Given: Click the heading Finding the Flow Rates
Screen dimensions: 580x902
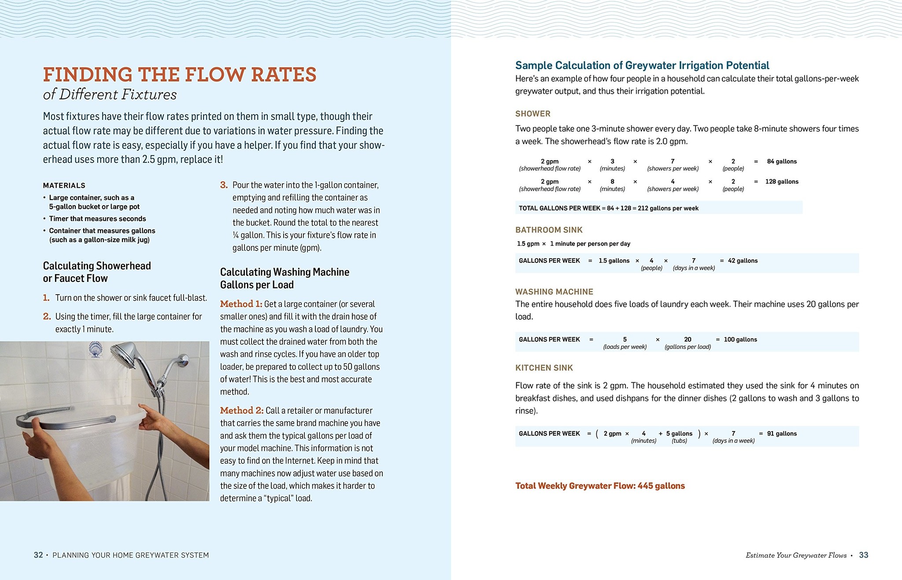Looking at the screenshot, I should pyautogui.click(x=179, y=74).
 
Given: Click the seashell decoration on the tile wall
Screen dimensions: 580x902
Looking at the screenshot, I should pyautogui.click(x=96, y=350).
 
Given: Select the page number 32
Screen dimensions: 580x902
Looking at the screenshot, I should pyautogui.click(x=38, y=555).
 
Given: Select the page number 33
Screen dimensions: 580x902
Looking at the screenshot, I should pyautogui.click(x=863, y=555).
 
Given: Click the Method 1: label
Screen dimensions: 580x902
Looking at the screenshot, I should pyautogui.click(x=241, y=304).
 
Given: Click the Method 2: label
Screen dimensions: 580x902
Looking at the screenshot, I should pyautogui.click(x=241, y=410).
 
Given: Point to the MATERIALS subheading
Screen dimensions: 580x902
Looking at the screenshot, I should pyautogui.click(x=64, y=185).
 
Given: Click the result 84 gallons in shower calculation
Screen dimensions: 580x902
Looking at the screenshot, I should pyautogui.click(x=782, y=162).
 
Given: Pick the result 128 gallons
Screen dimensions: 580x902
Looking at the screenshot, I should pyautogui.click(x=782, y=181).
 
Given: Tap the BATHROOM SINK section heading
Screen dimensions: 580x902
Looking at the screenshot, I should pyautogui.click(x=549, y=230).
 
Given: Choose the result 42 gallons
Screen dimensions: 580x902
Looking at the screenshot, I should pyautogui.click(x=743, y=261).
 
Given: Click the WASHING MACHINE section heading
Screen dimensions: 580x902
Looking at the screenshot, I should pyautogui.click(x=554, y=292).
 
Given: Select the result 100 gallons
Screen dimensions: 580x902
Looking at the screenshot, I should pyautogui.click(x=740, y=340).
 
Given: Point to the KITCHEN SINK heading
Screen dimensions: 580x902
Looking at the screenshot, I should pyautogui.click(x=544, y=368).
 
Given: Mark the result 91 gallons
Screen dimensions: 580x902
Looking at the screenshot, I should pyautogui.click(x=782, y=434).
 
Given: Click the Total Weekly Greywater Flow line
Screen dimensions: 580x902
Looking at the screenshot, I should pyautogui.click(x=600, y=486).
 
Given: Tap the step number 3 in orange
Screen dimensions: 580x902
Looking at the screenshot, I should pyautogui.click(x=224, y=185).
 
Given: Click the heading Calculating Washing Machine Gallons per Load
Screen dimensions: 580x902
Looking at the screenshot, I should pyautogui.click(x=285, y=278).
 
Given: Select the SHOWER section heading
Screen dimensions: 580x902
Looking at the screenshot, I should pyautogui.click(x=533, y=114).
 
